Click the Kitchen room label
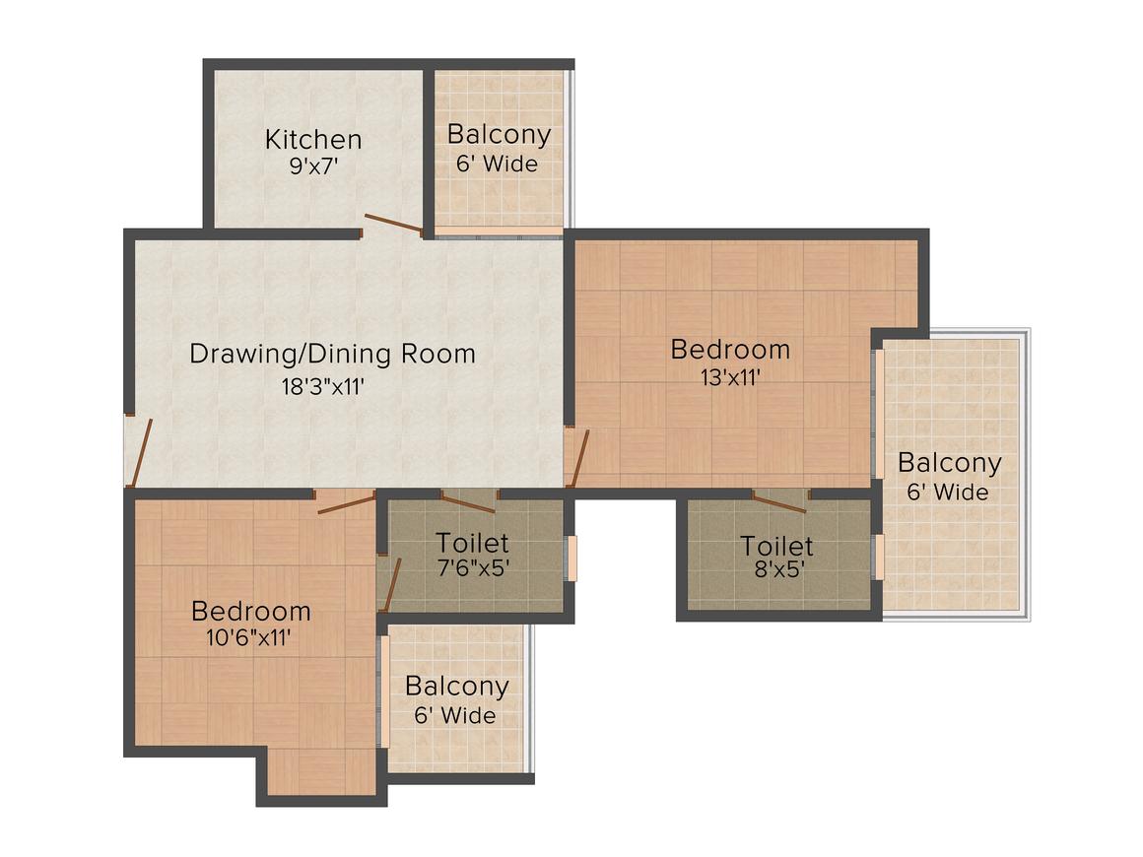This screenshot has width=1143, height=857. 313,139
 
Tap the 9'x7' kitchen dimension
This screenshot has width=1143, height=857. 314,166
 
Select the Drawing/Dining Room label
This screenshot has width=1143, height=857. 332,354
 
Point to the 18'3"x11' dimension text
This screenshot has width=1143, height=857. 323,385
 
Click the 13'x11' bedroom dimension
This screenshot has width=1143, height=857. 730,377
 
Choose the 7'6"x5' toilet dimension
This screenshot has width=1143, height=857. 473,567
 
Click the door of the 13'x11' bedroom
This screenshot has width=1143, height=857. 578,458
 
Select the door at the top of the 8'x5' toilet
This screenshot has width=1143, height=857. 779,501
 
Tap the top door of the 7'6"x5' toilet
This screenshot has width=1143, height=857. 469,500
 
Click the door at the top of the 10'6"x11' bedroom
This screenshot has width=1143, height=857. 346,502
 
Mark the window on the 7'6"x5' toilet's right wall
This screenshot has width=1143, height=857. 572,559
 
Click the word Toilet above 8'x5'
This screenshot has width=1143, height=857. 776,546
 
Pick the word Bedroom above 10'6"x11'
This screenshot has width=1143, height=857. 250,611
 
